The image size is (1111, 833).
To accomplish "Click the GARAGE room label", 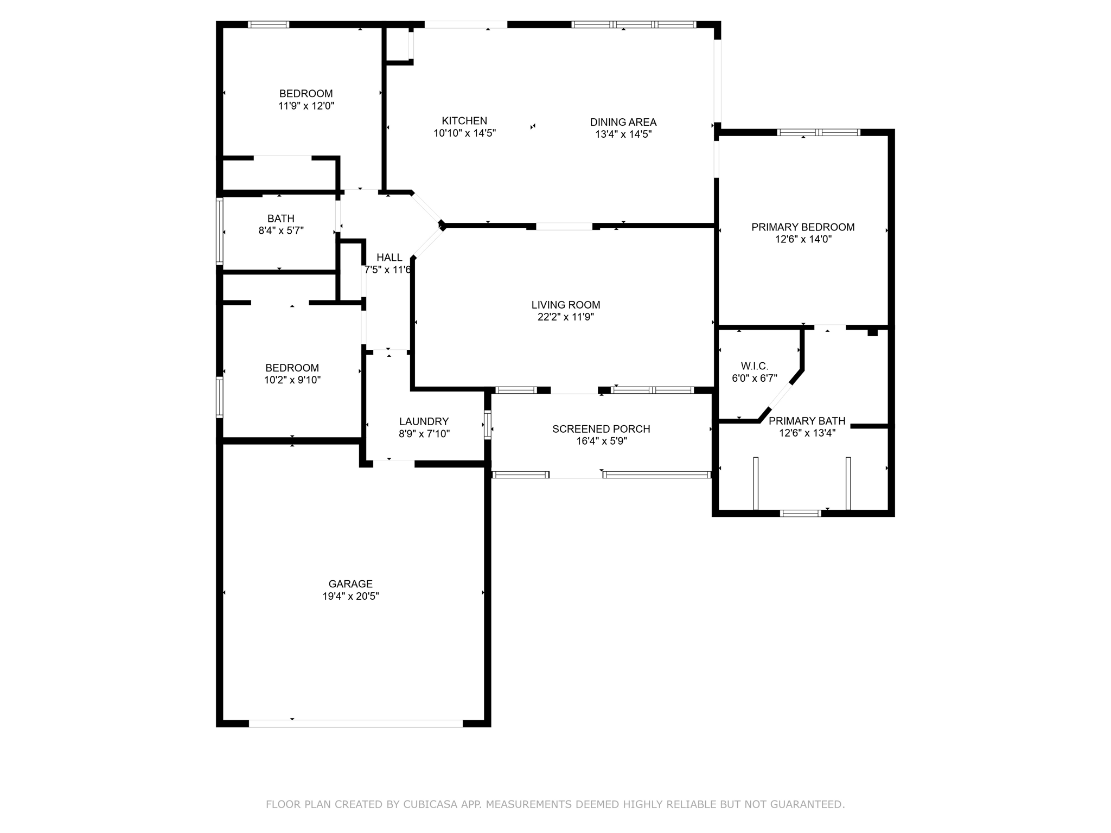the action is tap(350, 584).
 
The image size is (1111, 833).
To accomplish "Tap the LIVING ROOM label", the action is tap(566, 305).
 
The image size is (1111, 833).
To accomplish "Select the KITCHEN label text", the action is tap(464, 121).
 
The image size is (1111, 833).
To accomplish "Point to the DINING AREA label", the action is tap(623, 122).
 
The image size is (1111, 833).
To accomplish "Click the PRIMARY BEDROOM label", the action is tap(803, 227).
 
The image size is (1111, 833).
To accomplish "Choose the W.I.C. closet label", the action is tap(755, 366).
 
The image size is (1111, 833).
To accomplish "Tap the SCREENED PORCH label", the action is tap(601, 429).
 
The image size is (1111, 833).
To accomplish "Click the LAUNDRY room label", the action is tap(424, 421).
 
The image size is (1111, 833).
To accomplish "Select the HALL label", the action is tap(390, 258).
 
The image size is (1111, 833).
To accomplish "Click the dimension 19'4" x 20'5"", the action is tap(350, 597).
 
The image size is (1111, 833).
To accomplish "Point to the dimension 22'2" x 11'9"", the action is tap(566, 317).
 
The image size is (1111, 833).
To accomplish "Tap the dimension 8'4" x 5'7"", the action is tap(281, 230).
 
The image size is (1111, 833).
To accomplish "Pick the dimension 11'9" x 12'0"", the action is tap(306, 106).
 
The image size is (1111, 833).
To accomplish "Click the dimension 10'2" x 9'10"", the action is tap(292, 380).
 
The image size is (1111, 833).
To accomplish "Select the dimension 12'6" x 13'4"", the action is tap(807, 433).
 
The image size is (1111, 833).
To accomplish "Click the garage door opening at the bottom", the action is tap(356, 723).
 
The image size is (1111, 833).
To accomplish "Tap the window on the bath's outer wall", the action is tap(220, 231).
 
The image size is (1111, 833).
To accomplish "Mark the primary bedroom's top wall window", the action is tap(819, 132).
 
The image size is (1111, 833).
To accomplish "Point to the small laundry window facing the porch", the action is tap(488, 424).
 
